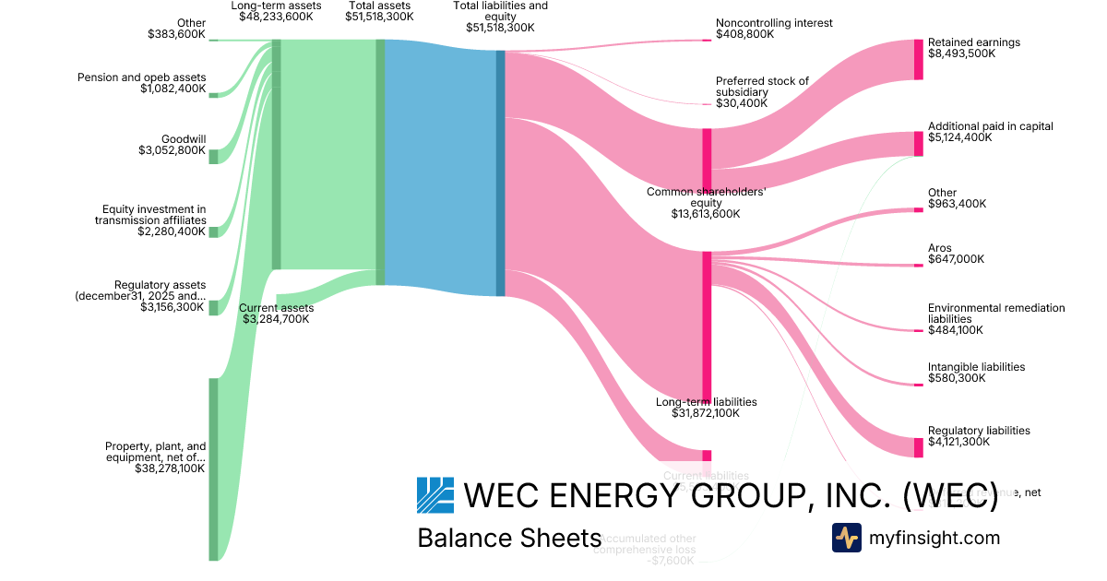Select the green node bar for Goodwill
[213, 156]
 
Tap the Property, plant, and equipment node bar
[213, 468]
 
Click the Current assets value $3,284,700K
[276, 319]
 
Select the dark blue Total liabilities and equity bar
[501, 172]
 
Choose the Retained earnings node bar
[918, 59]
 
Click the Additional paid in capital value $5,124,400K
[959, 137]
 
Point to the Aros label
[939, 248]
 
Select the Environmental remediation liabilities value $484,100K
[956, 329]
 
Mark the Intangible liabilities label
[976, 367]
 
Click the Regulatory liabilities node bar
[918, 447]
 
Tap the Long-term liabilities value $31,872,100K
[706, 413]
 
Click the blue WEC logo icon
[435, 495]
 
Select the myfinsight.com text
[934, 538]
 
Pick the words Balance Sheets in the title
[509, 538]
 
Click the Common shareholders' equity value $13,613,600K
[706, 214]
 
